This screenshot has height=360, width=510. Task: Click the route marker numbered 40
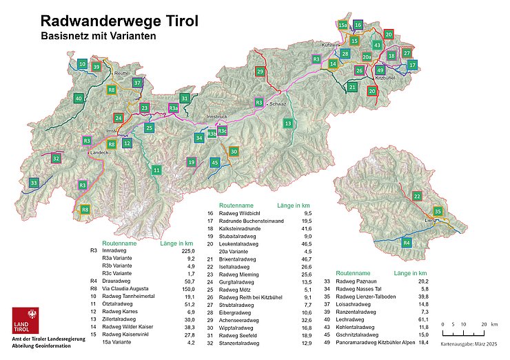[79, 99]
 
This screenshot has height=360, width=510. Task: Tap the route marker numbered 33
[34, 183]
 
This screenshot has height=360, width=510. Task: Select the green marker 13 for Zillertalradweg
[288, 123]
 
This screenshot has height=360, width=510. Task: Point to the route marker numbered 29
[260, 72]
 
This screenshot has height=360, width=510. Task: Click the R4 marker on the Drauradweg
[407, 243]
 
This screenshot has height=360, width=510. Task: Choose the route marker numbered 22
[417, 197]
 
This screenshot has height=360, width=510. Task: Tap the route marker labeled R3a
[174, 108]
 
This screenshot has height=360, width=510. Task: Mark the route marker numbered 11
[157, 170]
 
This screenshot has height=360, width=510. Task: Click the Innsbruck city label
[216, 117]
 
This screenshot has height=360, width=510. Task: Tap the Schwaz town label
[277, 103]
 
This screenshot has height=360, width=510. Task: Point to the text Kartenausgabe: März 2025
[470, 343]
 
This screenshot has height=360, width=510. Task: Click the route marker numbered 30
[234, 152]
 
